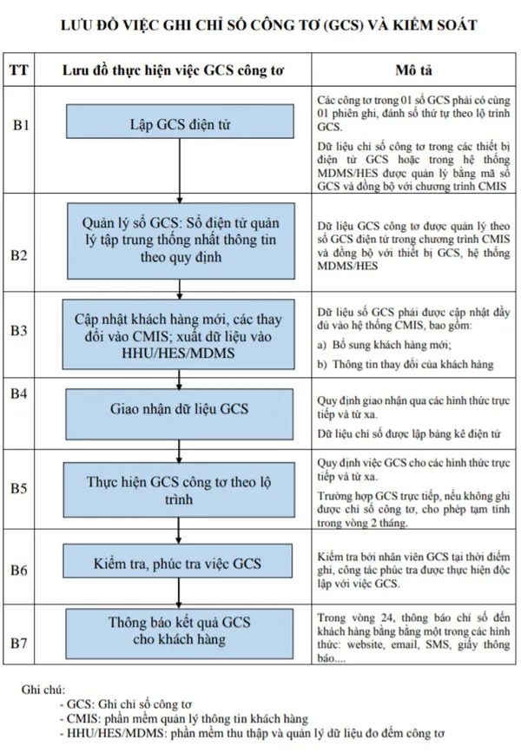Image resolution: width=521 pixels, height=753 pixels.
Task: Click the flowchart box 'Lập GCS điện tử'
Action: click(x=180, y=122)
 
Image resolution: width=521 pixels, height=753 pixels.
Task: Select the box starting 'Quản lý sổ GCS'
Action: click(x=181, y=241)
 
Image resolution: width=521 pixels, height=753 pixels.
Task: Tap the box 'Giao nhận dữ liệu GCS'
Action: click(x=179, y=414)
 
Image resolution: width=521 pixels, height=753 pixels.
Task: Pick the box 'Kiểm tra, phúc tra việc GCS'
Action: click(x=178, y=560)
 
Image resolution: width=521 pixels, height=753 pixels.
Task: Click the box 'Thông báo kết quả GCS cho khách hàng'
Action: click(x=179, y=633)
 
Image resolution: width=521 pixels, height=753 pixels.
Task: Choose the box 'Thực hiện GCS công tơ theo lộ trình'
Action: click(x=179, y=490)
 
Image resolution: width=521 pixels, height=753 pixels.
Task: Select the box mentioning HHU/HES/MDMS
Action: click(x=179, y=334)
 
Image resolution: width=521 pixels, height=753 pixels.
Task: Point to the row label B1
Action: click(x=21, y=125)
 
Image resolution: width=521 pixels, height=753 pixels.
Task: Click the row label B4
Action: click(x=19, y=393)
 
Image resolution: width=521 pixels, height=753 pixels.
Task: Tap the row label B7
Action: click(x=19, y=643)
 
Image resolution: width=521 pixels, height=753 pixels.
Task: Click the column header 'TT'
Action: click(x=19, y=70)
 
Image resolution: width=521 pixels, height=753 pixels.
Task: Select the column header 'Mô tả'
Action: click(x=413, y=70)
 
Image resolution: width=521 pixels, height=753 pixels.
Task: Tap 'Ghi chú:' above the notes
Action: click(x=43, y=690)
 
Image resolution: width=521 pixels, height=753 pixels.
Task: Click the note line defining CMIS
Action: click(x=184, y=719)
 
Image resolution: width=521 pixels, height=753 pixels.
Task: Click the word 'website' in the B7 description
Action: click(x=366, y=644)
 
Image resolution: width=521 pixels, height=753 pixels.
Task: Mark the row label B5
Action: click(x=19, y=488)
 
